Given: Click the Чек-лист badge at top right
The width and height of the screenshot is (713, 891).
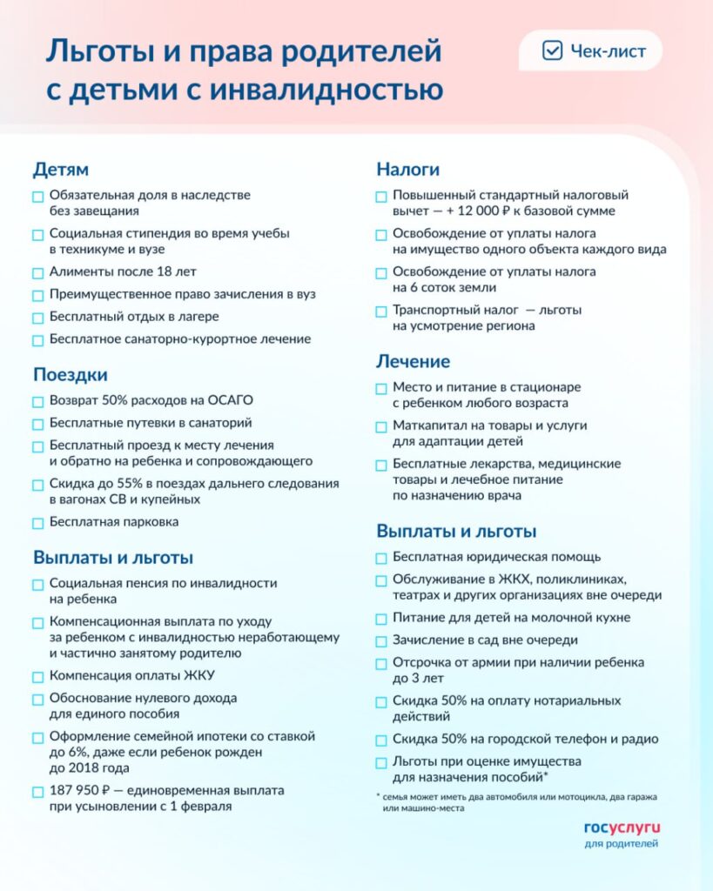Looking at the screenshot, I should (x=590, y=51).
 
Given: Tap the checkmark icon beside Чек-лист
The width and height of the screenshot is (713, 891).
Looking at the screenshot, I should (x=552, y=51).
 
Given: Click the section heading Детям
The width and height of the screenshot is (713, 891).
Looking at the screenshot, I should (x=61, y=169).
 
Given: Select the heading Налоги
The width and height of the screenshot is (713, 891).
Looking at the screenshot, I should (x=407, y=169).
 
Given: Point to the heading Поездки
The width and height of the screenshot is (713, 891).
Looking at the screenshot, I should (x=71, y=375).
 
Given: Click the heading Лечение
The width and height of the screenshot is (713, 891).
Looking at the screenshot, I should (x=413, y=361).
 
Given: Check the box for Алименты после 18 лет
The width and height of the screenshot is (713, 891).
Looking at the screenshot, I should (x=37, y=272).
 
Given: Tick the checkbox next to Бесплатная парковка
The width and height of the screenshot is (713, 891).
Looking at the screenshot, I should (x=37, y=523).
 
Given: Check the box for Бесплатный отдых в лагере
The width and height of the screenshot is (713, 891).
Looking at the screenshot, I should (x=37, y=318).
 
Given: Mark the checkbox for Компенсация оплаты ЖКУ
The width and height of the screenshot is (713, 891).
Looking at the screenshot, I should (x=37, y=676).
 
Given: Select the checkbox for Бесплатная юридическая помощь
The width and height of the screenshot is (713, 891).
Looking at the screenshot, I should (x=381, y=558).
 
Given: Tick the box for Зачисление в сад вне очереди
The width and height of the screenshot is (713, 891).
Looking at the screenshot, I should (x=381, y=641).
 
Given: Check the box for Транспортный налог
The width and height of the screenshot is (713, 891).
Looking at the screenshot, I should (x=381, y=312).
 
